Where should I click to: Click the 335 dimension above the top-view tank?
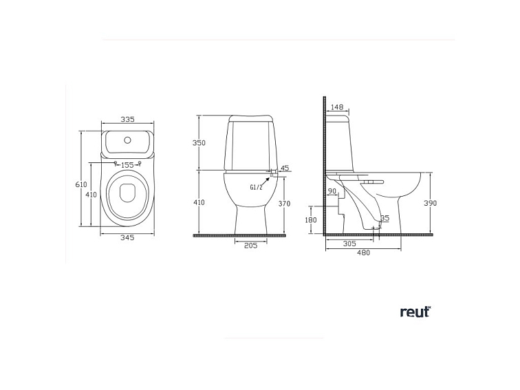click(127, 119)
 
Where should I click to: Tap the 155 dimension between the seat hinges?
click(127, 165)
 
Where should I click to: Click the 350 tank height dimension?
click(199, 143)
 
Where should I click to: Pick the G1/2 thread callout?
click(257, 186)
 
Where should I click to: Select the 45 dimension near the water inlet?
click(285, 168)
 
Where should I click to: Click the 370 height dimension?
click(285, 204)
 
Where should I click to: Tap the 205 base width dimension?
click(250, 246)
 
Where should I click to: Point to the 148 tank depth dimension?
click(337, 107)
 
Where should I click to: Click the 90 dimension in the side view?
click(332, 191)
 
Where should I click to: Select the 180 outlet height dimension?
click(311, 220)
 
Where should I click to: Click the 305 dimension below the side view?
click(349, 243)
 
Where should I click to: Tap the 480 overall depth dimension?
click(363, 252)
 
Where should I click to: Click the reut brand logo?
click(415, 312)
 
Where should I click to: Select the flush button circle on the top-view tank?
click(127, 140)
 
